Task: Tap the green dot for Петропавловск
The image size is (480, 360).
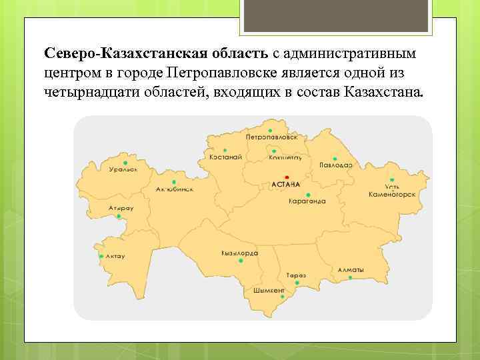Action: click(x=270, y=130)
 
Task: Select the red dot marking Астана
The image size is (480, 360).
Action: click(x=287, y=177)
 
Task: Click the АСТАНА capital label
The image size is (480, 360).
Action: click(x=286, y=184)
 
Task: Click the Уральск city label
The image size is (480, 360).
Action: click(x=123, y=169)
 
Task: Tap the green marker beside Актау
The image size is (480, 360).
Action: click(x=101, y=256)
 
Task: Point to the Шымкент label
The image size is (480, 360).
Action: click(x=269, y=291)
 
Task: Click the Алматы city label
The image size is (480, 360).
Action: click(x=351, y=269)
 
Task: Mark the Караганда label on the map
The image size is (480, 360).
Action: click(x=307, y=201)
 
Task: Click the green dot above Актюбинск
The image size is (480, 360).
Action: click(x=174, y=181)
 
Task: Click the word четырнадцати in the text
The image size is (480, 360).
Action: click(x=84, y=90)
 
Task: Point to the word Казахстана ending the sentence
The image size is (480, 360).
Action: click(x=384, y=90)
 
